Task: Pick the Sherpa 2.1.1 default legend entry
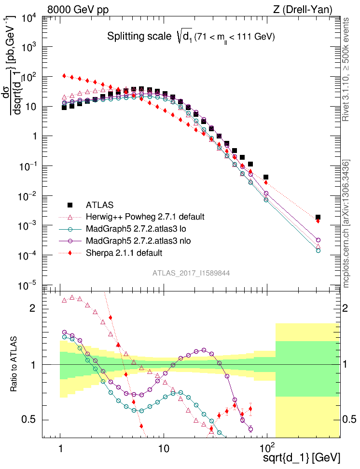coord(124,252)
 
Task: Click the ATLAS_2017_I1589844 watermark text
coord(191,273)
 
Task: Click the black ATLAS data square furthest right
coord(318,218)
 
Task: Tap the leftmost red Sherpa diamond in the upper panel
coord(64,76)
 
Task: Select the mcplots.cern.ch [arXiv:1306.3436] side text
coord(346,224)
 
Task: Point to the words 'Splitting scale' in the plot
coord(138,37)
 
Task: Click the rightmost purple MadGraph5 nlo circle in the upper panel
coord(318,240)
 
